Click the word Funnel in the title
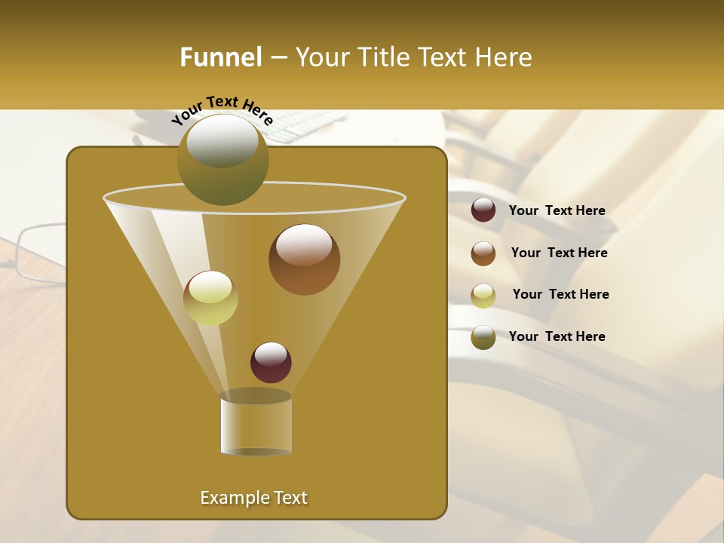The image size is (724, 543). [220, 57]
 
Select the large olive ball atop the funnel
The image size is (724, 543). [223, 159]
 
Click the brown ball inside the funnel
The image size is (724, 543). [304, 259]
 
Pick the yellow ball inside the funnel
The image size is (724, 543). [210, 298]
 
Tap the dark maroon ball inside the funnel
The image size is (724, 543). [271, 362]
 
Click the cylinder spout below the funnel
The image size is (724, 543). [256, 424]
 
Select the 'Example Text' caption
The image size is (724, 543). [253, 498]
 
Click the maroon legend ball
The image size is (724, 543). [483, 210]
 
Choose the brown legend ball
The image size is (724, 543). [483, 253]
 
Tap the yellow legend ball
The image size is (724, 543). [483, 295]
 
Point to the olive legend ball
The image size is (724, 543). [483, 337]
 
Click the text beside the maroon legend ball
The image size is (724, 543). [557, 210]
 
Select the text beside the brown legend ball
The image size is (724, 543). [559, 253]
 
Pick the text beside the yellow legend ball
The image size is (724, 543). [560, 294]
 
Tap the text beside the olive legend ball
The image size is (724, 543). [557, 336]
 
